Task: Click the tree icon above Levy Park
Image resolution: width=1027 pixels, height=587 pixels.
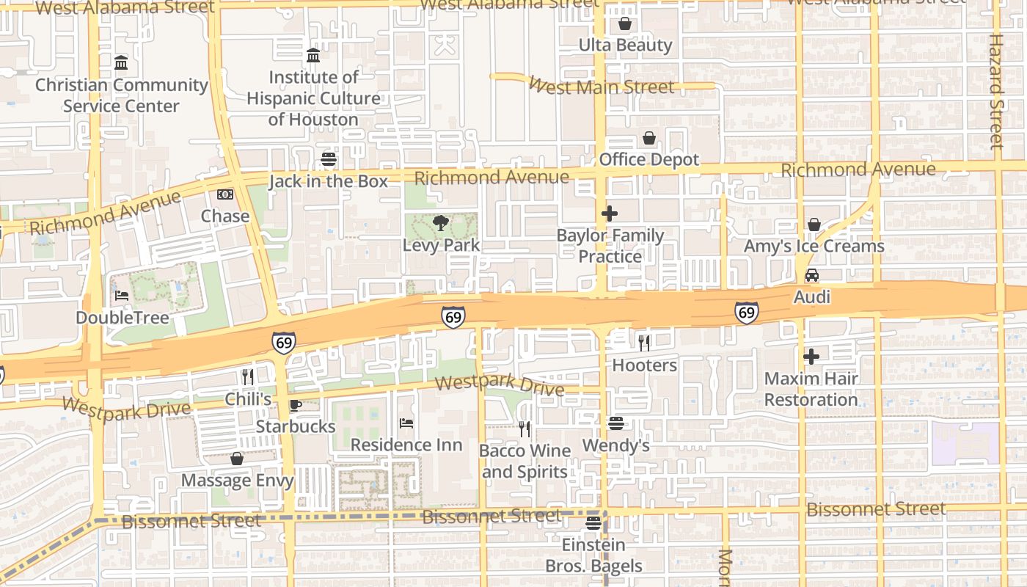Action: tap(441, 222)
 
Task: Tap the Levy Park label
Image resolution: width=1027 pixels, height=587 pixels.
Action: tap(441, 245)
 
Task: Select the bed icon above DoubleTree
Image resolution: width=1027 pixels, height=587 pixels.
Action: tap(122, 296)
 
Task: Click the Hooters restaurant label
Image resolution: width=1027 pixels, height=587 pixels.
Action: tap(644, 365)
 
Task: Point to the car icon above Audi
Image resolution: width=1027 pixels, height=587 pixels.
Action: tap(812, 275)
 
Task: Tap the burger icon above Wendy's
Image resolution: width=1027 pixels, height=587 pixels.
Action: tap(615, 423)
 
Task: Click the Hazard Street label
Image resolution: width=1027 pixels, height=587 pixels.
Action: tap(995, 92)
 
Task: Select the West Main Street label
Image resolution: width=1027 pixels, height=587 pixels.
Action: tap(601, 87)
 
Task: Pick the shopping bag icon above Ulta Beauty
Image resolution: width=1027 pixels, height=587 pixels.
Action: tap(625, 23)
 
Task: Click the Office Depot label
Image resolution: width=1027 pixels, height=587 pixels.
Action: tap(649, 159)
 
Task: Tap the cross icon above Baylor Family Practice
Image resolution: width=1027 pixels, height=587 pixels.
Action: tap(610, 214)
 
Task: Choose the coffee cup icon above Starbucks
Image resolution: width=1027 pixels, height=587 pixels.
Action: tap(295, 405)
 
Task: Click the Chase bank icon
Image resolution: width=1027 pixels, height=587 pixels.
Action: tap(225, 194)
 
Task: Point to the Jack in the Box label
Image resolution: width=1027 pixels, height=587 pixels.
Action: tap(328, 181)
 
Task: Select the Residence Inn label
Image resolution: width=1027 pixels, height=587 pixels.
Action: tap(406, 445)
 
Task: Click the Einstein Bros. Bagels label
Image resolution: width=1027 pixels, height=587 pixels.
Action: tap(593, 555)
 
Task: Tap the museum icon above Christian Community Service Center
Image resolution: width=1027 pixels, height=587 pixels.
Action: tap(122, 62)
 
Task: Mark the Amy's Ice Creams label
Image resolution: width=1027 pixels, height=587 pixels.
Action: tap(814, 246)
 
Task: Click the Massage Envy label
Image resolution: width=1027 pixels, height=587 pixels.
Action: tap(237, 481)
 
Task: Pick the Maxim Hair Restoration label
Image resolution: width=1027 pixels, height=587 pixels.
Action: tap(811, 390)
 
